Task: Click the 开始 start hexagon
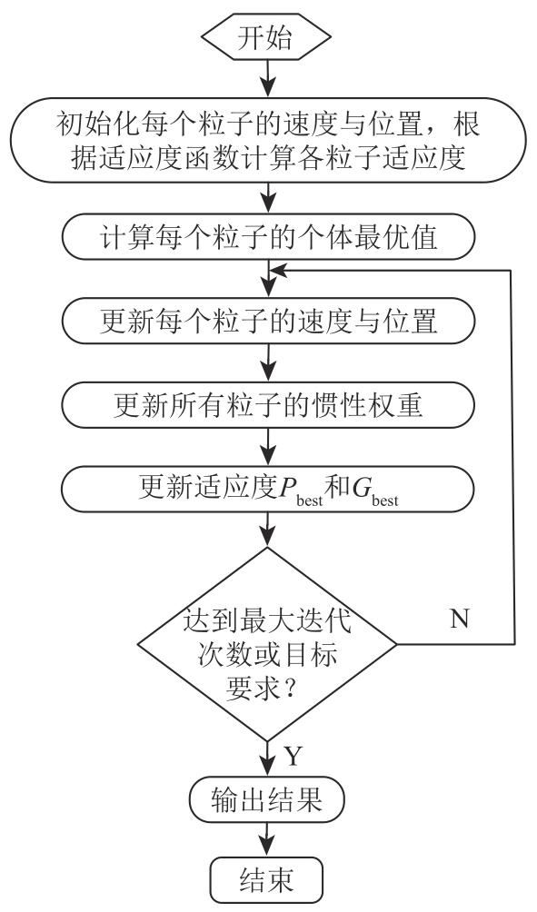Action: [266, 38]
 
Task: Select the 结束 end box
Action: [266, 879]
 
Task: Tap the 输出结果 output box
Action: [266, 799]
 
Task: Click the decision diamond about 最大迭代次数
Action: [267, 644]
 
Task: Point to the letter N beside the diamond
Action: [460, 619]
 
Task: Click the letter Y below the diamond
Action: [293, 756]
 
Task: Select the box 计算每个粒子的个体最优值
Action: [268, 237]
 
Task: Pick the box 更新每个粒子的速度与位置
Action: [268, 321]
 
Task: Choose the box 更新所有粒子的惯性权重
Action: [268, 405]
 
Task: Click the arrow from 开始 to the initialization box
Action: [267, 78]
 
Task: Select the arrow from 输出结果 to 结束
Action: [267, 839]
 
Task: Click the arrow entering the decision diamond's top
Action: [267, 530]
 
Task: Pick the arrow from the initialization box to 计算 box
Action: [267, 198]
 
